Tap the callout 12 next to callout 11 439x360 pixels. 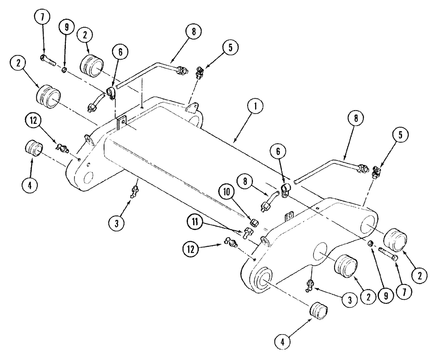(191, 249)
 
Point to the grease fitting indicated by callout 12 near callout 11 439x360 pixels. (230, 240)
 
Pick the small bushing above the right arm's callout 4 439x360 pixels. (318, 311)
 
